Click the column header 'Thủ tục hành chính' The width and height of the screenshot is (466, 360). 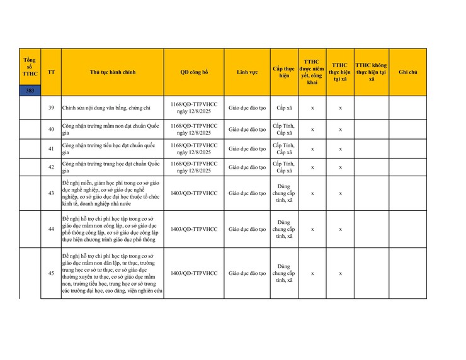pyautogui.click(x=113, y=72)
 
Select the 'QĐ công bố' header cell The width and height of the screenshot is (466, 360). pyautogui.click(x=194, y=72)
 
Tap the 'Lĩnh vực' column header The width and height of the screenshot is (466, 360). pyautogui.click(x=247, y=72)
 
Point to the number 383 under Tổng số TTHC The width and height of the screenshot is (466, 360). pyautogui.click(x=30, y=91)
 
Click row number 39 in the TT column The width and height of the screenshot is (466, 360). pyautogui.click(x=51, y=108)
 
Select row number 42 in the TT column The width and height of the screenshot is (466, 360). pyautogui.click(x=51, y=167)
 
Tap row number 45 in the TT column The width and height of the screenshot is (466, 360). pyautogui.click(x=51, y=273)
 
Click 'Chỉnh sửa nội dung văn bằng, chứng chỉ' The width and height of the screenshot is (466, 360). pyautogui.click(x=106, y=108)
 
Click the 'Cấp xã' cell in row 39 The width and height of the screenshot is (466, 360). pyautogui.click(x=284, y=108)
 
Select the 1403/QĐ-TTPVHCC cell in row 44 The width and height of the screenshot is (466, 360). pyautogui.click(x=194, y=229)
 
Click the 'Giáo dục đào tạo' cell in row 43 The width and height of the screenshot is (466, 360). pyautogui.click(x=247, y=193)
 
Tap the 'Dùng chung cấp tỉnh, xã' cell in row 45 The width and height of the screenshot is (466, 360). pyautogui.click(x=284, y=273)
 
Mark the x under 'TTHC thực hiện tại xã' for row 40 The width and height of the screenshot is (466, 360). pyautogui.click(x=340, y=130)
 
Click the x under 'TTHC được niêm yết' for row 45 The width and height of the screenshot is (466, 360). pyautogui.click(x=312, y=273)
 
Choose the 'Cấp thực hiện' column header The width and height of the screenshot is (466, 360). pyautogui.click(x=284, y=72)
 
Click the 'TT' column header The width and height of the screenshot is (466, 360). pyautogui.click(x=51, y=72)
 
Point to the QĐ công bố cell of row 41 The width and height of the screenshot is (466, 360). pyautogui.click(x=194, y=149)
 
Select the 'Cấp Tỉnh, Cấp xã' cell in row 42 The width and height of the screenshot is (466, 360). pyautogui.click(x=284, y=167)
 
